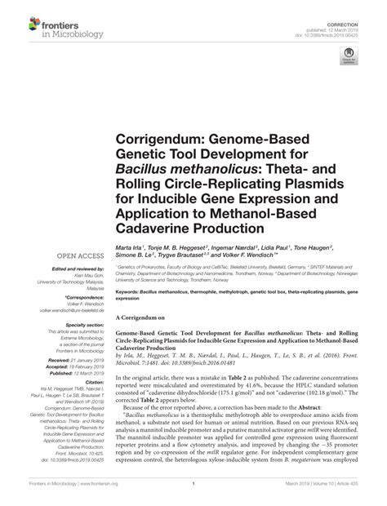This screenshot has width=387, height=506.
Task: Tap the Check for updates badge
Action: tap(353, 56)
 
